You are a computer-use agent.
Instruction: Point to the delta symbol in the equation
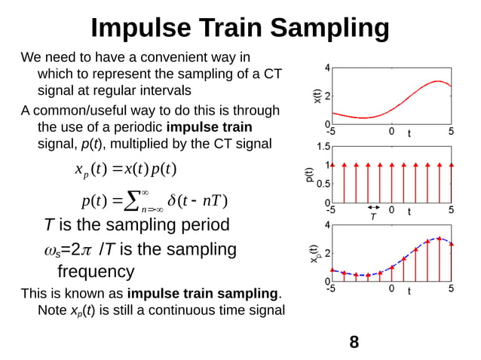pos(173,201)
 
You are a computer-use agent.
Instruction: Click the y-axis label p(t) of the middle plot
pos(309,176)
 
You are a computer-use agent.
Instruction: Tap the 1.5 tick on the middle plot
pos(322,146)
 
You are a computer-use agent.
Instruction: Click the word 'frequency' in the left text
pos(96,271)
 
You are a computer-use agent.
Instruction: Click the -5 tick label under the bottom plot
pos(331,288)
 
